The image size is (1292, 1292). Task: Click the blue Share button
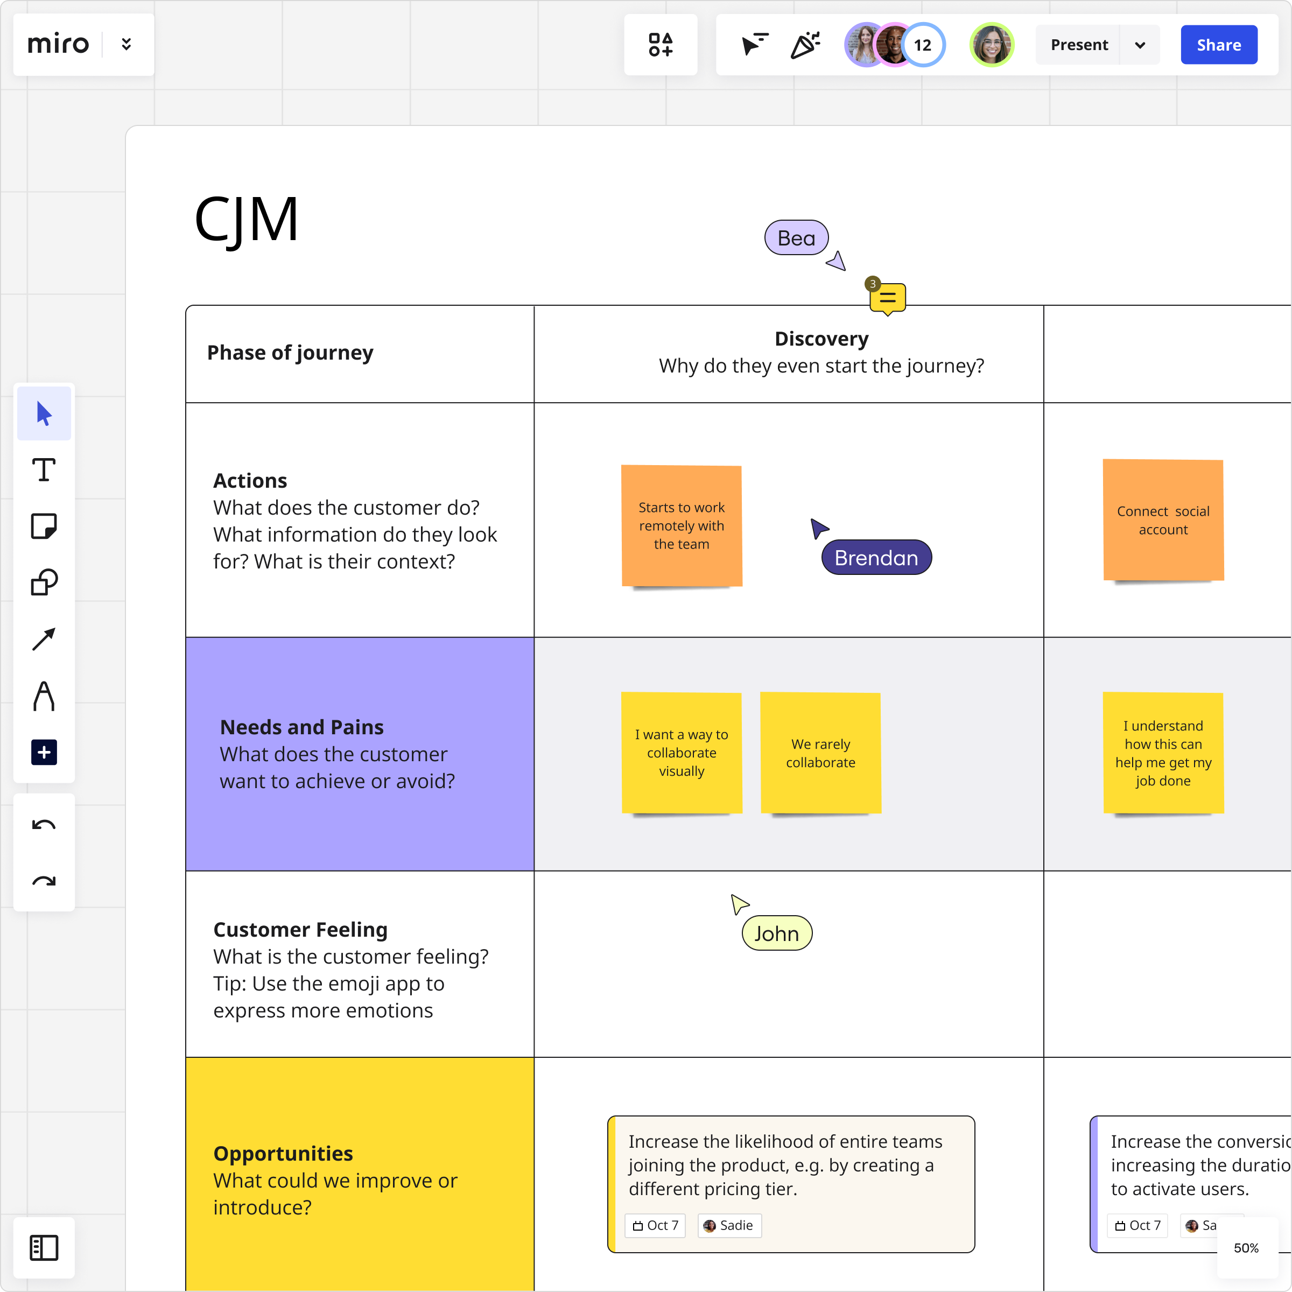pyautogui.click(x=1218, y=45)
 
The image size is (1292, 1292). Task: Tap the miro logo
pyautogui.click(x=58, y=44)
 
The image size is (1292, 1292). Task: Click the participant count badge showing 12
pyautogui.click(x=922, y=45)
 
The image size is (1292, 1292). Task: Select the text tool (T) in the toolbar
pyautogui.click(x=44, y=470)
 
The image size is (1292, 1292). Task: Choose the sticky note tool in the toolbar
pyautogui.click(x=44, y=526)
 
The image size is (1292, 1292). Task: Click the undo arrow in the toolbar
pyautogui.click(x=44, y=825)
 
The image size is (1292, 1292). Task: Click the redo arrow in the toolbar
pyautogui.click(x=44, y=881)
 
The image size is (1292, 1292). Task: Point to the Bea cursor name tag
pyautogui.click(x=796, y=238)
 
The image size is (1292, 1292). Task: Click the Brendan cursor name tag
pyautogui.click(x=876, y=558)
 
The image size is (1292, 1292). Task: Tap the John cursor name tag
pyautogui.click(x=776, y=933)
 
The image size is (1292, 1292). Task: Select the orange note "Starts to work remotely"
pyautogui.click(x=682, y=525)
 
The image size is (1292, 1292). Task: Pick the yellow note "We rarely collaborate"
pyautogui.click(x=820, y=753)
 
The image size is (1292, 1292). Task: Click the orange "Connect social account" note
pyautogui.click(x=1163, y=520)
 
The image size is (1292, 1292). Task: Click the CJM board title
pyautogui.click(x=246, y=219)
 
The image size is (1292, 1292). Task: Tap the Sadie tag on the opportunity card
pyautogui.click(x=729, y=1225)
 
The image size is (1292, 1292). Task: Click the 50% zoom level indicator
pyautogui.click(x=1246, y=1248)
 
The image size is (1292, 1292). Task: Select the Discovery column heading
pyautogui.click(x=821, y=339)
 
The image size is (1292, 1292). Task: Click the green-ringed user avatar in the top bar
pyautogui.click(x=992, y=45)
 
